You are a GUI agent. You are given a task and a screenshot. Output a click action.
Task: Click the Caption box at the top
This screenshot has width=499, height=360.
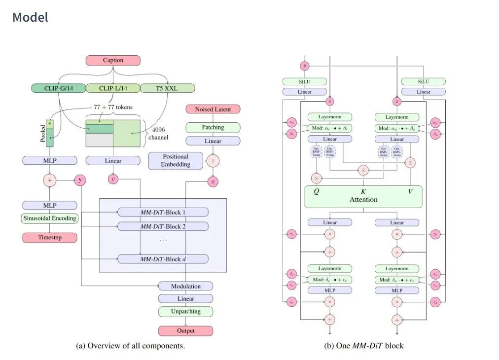(x=113, y=60)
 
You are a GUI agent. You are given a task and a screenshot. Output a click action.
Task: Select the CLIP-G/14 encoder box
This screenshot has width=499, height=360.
(x=58, y=88)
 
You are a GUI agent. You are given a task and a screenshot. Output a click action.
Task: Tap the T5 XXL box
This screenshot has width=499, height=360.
(x=168, y=88)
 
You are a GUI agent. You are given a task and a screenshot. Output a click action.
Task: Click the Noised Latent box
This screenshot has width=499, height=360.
(x=213, y=109)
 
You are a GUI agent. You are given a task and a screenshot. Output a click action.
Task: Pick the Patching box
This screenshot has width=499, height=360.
(x=213, y=127)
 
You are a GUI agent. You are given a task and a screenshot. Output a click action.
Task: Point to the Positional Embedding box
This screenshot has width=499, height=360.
(x=176, y=160)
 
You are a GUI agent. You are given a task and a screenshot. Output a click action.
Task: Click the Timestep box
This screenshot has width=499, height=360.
(x=49, y=237)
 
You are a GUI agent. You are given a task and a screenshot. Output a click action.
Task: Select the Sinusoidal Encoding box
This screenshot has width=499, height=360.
(x=49, y=217)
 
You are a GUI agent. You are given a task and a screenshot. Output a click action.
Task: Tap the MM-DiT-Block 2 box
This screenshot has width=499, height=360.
(x=163, y=226)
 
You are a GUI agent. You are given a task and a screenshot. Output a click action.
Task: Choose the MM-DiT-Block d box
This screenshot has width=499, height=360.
(x=163, y=258)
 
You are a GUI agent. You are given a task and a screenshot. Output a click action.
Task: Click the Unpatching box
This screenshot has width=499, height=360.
(x=185, y=312)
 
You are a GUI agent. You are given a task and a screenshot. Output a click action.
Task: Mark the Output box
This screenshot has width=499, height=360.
(x=185, y=330)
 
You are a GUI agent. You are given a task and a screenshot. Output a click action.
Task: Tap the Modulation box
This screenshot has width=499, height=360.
(x=185, y=286)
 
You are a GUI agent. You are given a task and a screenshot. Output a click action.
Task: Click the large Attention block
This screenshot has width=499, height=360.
(x=363, y=196)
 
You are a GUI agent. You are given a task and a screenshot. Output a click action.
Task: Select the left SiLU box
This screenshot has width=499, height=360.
(x=304, y=81)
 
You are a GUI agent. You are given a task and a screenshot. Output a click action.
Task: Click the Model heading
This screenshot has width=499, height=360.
(x=30, y=17)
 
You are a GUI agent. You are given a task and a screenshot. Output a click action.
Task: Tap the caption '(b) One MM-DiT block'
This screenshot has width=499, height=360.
(x=363, y=346)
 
